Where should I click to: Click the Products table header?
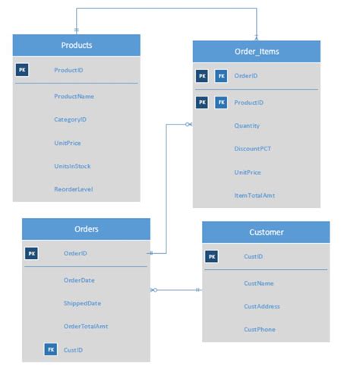[76, 46]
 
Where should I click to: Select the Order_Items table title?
[256, 52]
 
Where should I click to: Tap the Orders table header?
[86, 229]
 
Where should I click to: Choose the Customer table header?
[266, 232]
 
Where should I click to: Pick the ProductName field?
[73, 96]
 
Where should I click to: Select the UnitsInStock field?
[73, 166]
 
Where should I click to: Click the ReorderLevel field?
[73, 188]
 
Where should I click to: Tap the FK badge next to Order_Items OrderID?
[221, 76]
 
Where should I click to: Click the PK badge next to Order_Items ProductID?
[202, 102]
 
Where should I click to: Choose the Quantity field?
[248, 126]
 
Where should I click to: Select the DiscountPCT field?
[252, 149]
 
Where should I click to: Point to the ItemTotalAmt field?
[254, 195]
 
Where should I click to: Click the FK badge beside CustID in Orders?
[50, 349]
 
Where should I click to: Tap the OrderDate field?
[79, 280]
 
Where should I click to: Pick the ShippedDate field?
[82, 303]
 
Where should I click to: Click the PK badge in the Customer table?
[211, 257]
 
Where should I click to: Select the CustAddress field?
[262, 306]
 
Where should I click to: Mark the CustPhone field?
[259, 330]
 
